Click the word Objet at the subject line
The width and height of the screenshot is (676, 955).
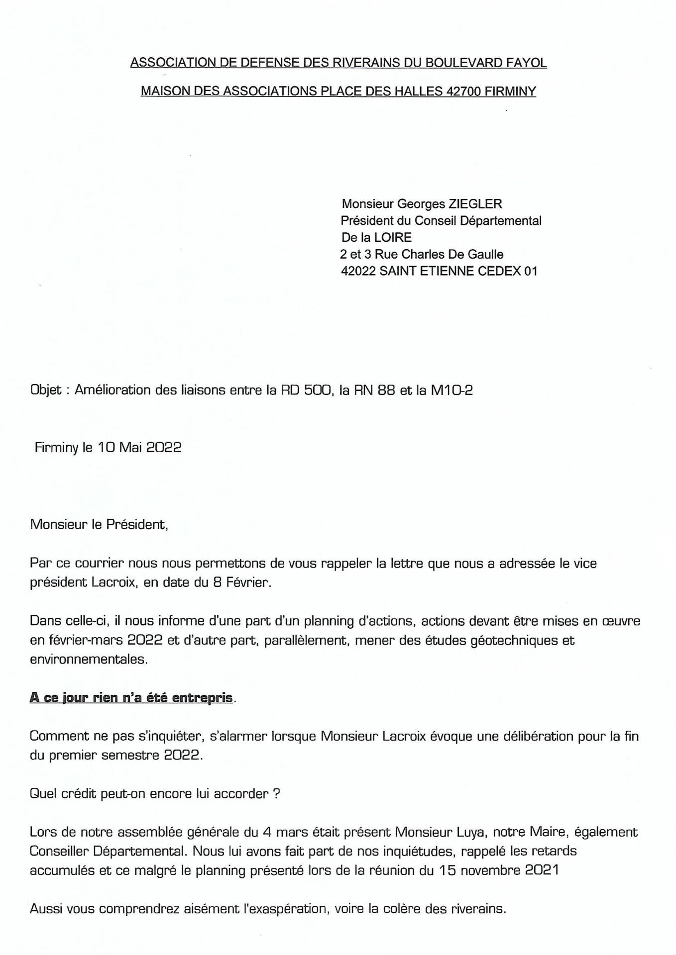pos(46,390)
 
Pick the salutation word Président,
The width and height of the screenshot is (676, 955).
pos(137,524)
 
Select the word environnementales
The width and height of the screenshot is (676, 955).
pos(89,660)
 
